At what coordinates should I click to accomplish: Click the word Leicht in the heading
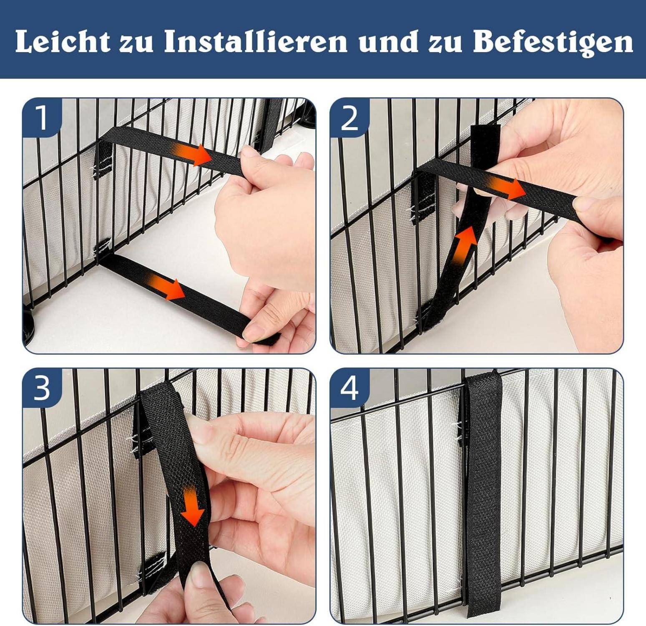(63, 42)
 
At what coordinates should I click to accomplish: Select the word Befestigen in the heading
(553, 43)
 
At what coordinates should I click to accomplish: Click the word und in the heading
(386, 42)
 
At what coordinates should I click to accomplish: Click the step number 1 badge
(42, 118)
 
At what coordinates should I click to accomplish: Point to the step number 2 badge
(349, 118)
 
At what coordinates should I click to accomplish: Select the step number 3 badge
(42, 388)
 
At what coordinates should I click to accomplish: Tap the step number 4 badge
(349, 388)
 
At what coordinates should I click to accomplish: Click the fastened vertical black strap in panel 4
(483, 492)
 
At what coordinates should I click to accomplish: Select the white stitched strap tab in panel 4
(461, 432)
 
